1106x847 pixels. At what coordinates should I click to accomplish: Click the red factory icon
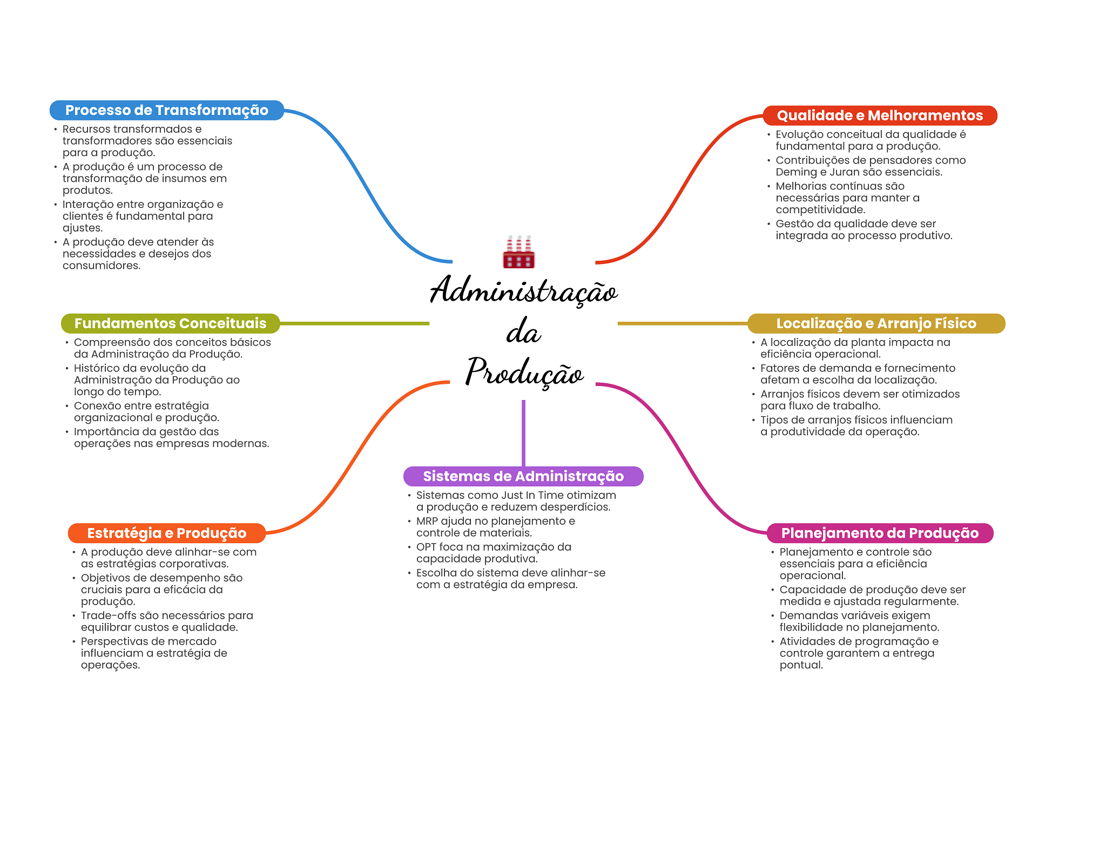518,253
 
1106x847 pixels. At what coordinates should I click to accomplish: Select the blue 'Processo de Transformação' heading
166,110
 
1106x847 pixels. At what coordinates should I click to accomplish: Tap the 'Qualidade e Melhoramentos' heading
879,116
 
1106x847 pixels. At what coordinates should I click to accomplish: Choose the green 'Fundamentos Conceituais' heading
170,323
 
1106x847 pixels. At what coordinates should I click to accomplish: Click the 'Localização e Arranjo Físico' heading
875,323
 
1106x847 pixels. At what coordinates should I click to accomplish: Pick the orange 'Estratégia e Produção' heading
166,533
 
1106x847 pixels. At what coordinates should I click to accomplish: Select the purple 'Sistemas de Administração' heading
523,476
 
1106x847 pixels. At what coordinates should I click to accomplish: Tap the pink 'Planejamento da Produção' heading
879,533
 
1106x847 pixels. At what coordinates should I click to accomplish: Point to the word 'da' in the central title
523,332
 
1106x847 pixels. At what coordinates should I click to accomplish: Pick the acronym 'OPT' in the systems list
426,547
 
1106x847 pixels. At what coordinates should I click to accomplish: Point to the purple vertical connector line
523,432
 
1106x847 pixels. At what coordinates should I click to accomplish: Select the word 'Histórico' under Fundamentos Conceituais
97,368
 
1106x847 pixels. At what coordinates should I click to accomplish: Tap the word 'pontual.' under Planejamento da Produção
801,665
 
